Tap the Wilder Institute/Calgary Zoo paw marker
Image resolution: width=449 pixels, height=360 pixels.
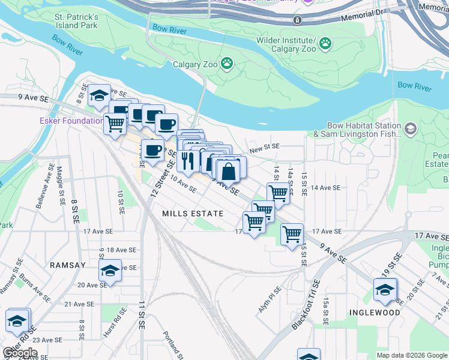(x=325, y=43)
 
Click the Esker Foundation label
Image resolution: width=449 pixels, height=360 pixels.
(x=63, y=121)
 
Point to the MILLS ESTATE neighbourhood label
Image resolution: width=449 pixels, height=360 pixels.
(x=193, y=214)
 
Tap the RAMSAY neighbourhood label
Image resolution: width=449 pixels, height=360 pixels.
(x=68, y=265)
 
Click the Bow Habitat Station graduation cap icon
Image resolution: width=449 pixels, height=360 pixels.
(x=410, y=129)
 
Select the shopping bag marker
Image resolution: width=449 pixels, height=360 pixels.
(x=229, y=172)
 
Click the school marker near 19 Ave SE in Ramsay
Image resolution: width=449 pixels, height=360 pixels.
(x=110, y=271)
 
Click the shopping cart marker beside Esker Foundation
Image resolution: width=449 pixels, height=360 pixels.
(x=115, y=124)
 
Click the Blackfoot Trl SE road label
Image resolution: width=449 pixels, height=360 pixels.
(x=306, y=304)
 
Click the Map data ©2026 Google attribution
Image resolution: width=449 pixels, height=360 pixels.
(x=412, y=355)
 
